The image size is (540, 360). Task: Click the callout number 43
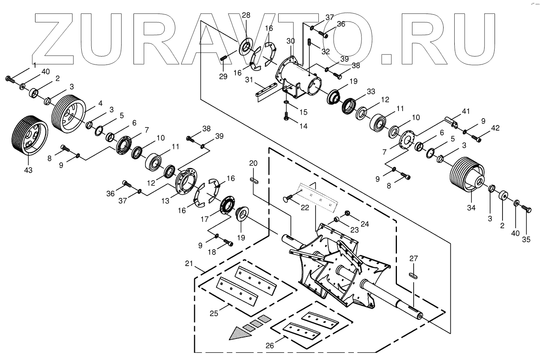coord(28,170)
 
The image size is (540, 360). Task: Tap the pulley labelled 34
coord(464,174)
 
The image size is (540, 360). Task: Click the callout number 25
coord(214,313)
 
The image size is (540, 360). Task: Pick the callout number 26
coord(270,346)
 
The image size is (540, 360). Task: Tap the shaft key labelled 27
coord(413,275)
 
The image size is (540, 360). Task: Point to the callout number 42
coord(495,128)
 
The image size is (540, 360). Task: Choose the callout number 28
coord(246,16)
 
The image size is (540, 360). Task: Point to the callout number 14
coord(304,126)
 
